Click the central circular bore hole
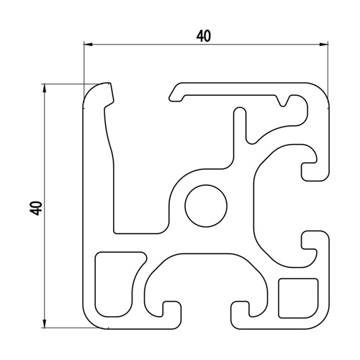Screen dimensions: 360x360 [x=206, y=206]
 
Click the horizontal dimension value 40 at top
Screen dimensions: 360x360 [x=204, y=36]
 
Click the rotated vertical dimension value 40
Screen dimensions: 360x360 [x=37, y=208]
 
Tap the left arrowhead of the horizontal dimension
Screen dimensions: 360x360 [x=88, y=45]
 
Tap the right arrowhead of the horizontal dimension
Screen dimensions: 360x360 [x=323, y=45]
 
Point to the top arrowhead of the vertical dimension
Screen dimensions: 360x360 [x=44, y=88]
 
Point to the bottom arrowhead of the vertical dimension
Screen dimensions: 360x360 [x=44, y=323]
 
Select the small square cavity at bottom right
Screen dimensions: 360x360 [x=298, y=298]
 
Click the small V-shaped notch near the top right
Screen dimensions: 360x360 [x=284, y=102]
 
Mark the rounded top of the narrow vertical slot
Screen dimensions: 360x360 [x=240, y=111]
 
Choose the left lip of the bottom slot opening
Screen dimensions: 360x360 [x=172, y=315]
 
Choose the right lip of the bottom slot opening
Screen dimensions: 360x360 [x=240, y=315]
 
